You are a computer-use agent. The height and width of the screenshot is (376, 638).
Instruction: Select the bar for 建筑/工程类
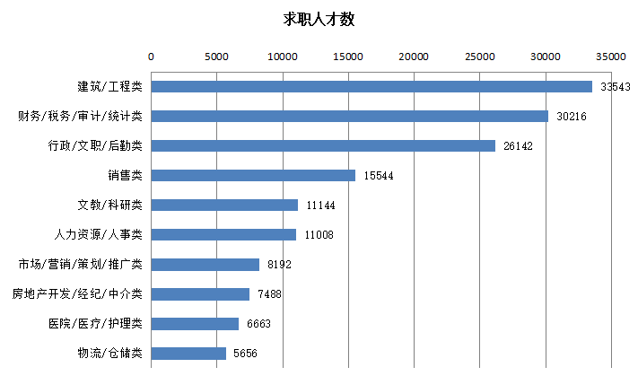(371, 87)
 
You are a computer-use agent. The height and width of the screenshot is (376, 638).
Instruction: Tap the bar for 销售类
(253, 176)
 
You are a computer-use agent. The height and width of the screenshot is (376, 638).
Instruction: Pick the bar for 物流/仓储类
(188, 354)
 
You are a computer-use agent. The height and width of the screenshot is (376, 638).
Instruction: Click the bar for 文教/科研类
(224, 205)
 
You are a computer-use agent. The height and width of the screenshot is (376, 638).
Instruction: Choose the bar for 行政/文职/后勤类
(323, 146)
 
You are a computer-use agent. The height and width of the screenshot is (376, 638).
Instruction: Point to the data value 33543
(616, 87)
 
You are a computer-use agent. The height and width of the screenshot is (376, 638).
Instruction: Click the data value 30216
(572, 117)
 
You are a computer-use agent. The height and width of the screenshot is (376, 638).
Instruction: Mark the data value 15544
(379, 176)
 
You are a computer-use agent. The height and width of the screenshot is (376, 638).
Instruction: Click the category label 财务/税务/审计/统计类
(81, 117)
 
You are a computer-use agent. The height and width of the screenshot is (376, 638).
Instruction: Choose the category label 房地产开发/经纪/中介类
(77, 294)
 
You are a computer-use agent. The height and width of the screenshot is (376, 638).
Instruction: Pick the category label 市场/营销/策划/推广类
(81, 265)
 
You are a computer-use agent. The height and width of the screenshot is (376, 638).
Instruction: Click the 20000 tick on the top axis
(415, 56)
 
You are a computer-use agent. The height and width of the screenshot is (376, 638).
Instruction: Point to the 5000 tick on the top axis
(216, 56)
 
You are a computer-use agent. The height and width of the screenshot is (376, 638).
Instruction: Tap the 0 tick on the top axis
(151, 56)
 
